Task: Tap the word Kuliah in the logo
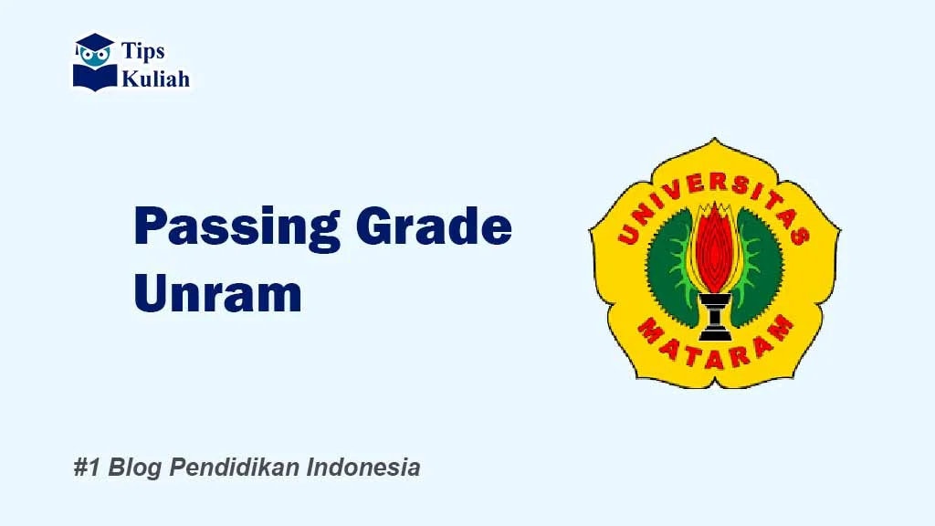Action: tap(155, 79)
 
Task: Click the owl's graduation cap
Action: tap(94, 42)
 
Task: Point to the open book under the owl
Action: tap(95, 76)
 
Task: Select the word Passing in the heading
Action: tap(236, 228)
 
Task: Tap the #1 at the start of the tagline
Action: tap(87, 468)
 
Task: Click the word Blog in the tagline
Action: tap(134, 468)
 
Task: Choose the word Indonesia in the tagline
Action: tap(363, 468)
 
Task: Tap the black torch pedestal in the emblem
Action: tap(714, 315)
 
